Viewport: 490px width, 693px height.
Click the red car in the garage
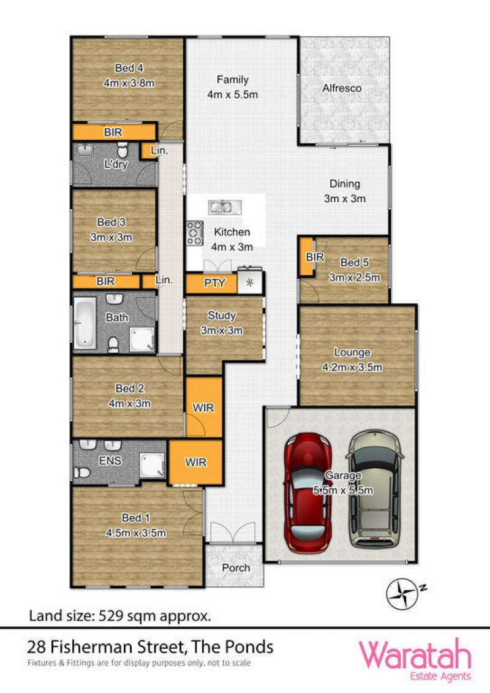click(308, 493)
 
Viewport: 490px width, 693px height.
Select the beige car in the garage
click(375, 489)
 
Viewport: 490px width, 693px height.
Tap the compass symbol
click(402, 594)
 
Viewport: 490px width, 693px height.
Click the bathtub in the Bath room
click(85, 323)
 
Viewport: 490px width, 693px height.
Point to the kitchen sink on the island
click(225, 207)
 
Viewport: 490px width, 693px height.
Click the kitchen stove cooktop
click(194, 233)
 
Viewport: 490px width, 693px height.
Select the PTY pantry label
click(214, 283)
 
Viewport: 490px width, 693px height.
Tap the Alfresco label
click(342, 88)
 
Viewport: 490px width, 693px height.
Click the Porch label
click(236, 567)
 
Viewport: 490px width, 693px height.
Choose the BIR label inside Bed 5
click(315, 257)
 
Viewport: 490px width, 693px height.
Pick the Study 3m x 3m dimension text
click(221, 330)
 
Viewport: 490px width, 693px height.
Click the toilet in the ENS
click(82, 472)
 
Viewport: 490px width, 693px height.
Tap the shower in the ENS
click(152, 466)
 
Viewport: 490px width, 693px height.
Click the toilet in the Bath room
click(113, 344)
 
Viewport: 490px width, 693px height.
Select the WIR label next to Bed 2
click(203, 407)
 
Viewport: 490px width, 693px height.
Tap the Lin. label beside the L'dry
click(159, 150)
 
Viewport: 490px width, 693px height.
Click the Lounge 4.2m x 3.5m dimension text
click(352, 367)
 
